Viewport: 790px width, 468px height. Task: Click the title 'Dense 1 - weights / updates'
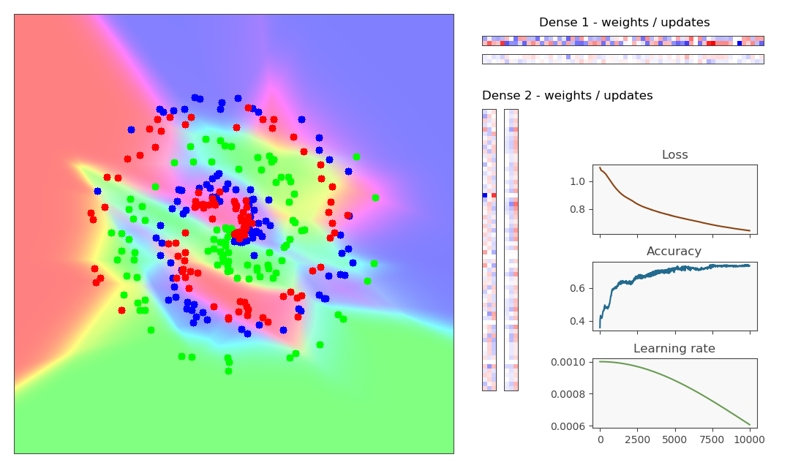(x=624, y=23)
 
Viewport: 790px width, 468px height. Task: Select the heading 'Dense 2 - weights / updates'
(x=567, y=96)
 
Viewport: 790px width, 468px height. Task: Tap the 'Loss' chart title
(x=674, y=155)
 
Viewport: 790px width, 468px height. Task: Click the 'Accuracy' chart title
(x=674, y=252)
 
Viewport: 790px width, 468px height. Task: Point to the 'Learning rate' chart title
(x=674, y=349)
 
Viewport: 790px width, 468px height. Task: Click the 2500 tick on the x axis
(x=637, y=440)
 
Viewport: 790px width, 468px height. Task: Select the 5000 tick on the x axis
(x=674, y=440)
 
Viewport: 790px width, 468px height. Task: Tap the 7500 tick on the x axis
(x=712, y=440)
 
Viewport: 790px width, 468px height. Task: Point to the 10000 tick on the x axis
(x=749, y=440)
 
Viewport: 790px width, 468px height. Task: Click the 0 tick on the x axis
(x=601, y=440)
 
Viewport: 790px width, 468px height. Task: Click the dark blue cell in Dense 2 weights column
(x=484, y=195)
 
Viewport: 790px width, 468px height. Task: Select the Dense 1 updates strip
(x=622, y=59)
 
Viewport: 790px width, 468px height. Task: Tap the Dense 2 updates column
(x=511, y=249)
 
